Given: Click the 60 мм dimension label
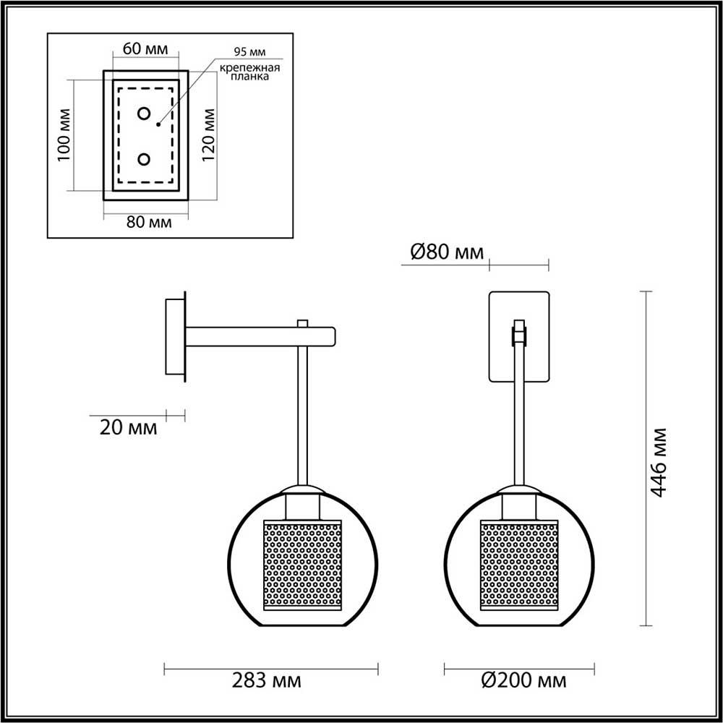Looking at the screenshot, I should pos(146,50).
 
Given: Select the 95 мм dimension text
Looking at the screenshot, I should pos(250,53).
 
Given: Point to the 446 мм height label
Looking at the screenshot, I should pos(658,463).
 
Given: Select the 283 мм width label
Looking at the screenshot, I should pos(267,680).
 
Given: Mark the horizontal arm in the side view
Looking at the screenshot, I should pos(260,336).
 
